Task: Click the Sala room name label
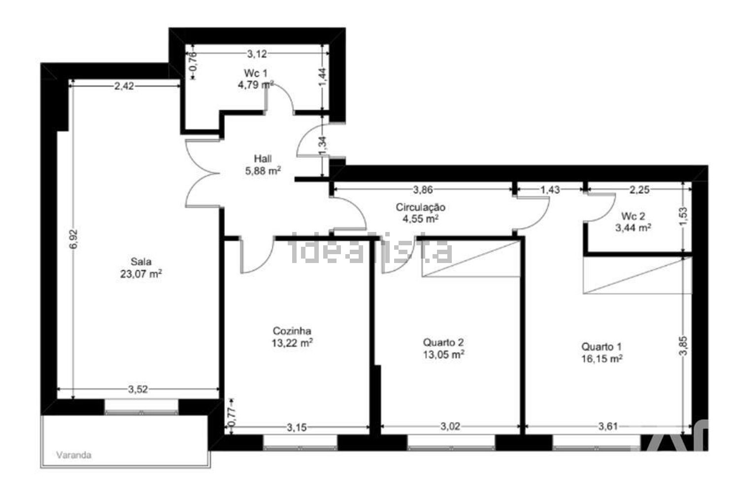point(141,262)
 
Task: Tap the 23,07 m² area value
point(141,274)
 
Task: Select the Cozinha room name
point(292,331)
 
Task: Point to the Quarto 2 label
point(443,342)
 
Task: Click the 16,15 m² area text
point(602,359)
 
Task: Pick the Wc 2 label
point(633,216)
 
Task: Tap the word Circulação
point(421,207)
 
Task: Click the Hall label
point(263,159)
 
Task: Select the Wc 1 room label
point(255,73)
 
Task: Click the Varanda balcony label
point(73,455)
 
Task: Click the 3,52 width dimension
point(138,390)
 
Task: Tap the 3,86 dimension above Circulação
point(423,190)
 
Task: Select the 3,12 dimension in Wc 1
point(257,54)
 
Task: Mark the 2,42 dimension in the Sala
point(124,86)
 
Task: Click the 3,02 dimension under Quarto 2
point(450,427)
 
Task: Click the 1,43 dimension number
point(550,190)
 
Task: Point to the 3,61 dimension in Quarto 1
point(608,427)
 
